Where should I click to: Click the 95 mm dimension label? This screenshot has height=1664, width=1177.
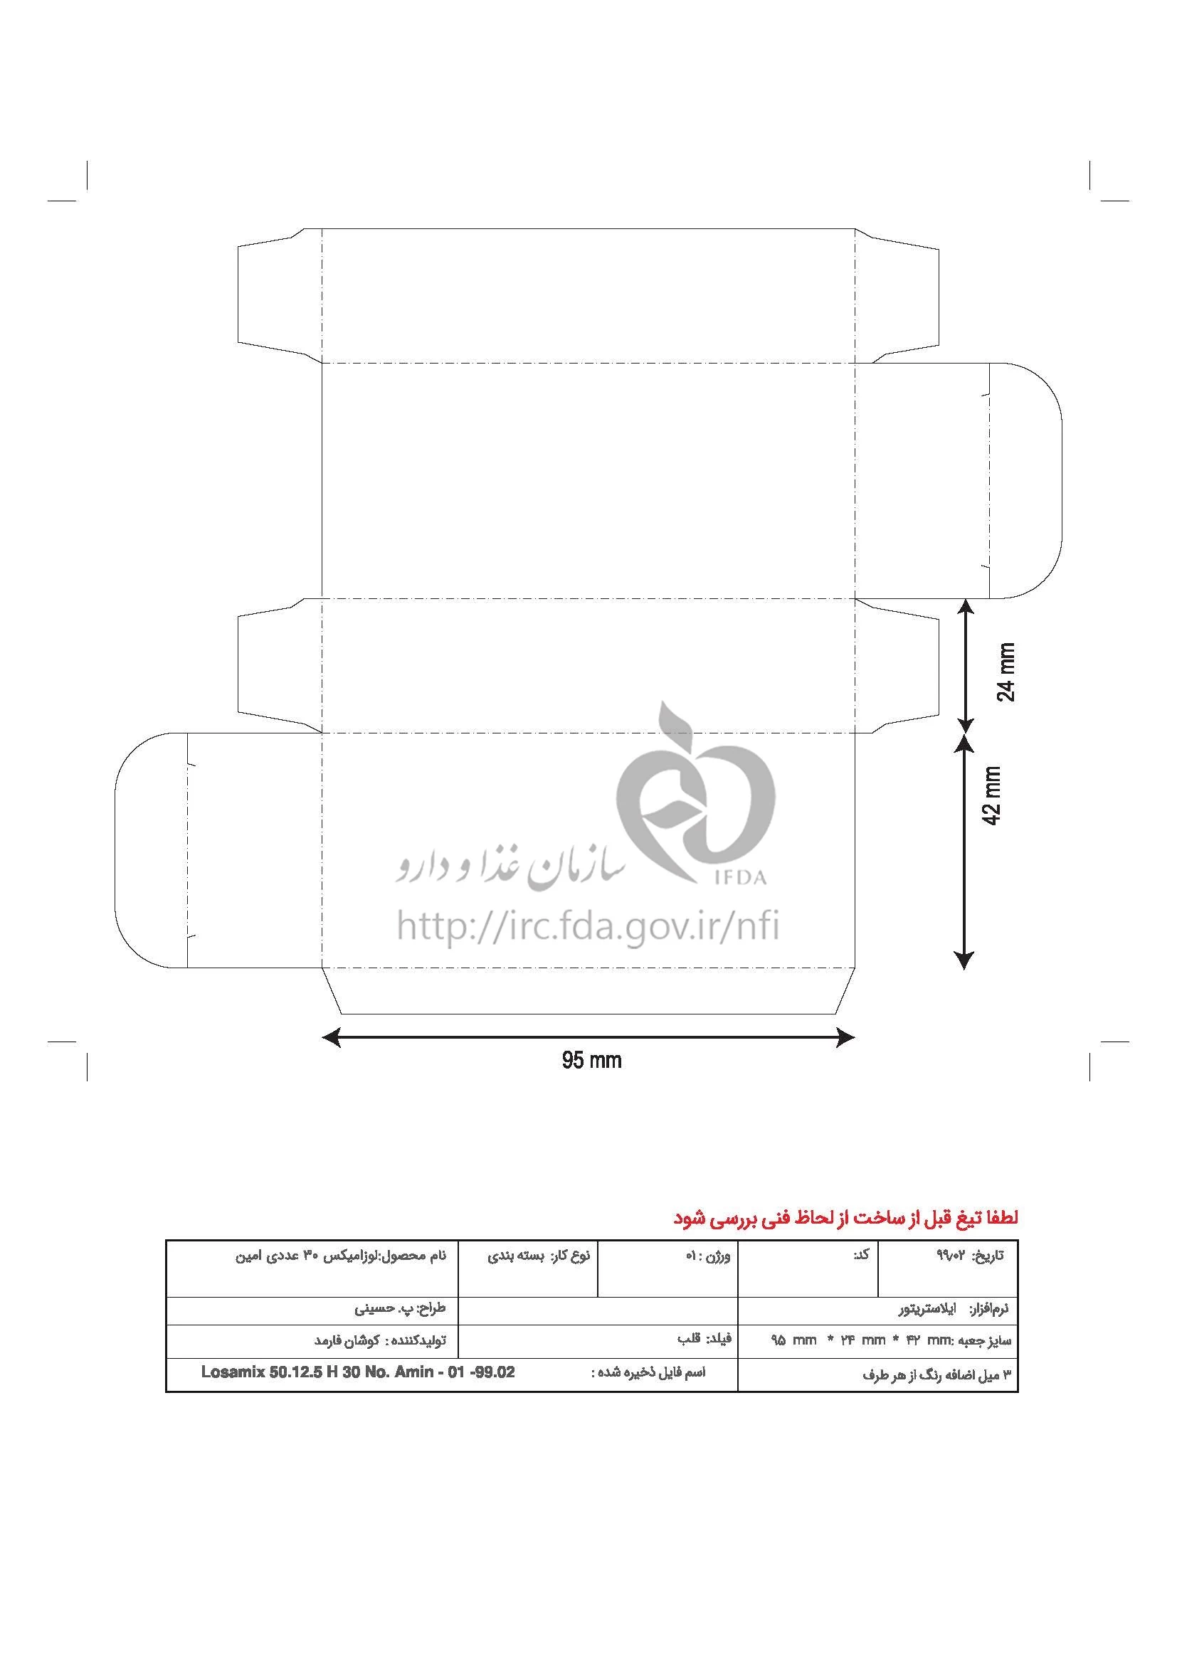(x=591, y=1060)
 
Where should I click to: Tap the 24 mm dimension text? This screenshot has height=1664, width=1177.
(x=1007, y=672)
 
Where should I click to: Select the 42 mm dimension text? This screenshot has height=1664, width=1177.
(x=991, y=795)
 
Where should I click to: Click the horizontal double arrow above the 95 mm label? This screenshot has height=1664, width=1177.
(x=588, y=1037)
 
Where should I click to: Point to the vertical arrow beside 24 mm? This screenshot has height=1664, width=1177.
(x=965, y=664)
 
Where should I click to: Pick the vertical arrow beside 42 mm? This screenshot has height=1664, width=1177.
(x=965, y=852)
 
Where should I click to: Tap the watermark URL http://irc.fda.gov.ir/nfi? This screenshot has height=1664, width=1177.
(x=588, y=926)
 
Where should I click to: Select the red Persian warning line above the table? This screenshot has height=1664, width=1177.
(x=846, y=1217)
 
